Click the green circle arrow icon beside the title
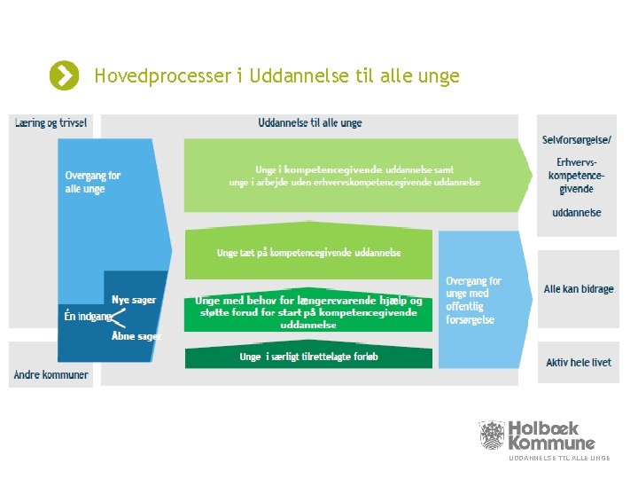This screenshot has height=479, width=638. (63, 76)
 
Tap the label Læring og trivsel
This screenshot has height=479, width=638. (51, 123)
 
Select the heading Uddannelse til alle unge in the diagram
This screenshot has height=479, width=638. (309, 123)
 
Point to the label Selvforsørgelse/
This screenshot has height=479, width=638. (577, 140)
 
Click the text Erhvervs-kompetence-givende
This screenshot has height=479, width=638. (577, 176)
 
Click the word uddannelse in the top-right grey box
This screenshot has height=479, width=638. (577, 213)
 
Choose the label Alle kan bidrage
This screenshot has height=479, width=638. (578, 289)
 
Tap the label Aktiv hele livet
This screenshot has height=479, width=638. (578, 363)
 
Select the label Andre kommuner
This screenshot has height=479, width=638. (51, 374)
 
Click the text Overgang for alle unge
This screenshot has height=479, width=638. (92, 182)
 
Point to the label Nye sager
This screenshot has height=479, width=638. (134, 300)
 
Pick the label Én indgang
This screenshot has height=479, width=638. (87, 316)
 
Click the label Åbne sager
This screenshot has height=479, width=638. (136, 337)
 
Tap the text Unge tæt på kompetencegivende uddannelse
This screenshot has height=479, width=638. (308, 253)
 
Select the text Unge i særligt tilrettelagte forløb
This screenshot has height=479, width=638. (308, 357)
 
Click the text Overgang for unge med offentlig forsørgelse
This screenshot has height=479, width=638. (473, 300)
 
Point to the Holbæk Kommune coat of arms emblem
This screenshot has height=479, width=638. (492, 435)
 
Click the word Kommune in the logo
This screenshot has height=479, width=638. (551, 443)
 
